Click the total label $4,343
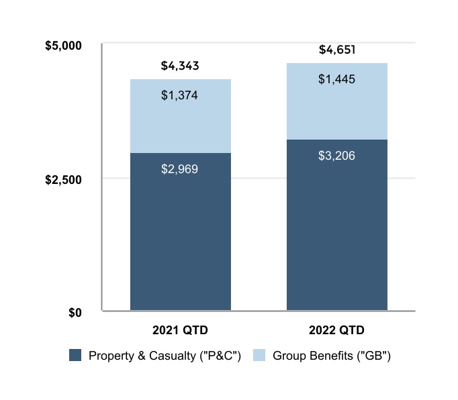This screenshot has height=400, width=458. click(180, 66)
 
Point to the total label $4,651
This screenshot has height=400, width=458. click(337, 50)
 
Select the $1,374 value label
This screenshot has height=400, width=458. click(180, 95)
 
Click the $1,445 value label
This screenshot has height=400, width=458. click(337, 79)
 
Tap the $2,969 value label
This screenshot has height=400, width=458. click(180, 169)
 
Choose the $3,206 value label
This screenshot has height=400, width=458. click(337, 156)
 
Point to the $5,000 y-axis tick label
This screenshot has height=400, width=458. click(62, 46)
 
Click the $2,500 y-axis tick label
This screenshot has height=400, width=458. click(62, 179)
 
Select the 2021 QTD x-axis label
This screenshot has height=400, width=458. click(180, 331)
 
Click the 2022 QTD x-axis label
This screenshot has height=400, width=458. click(337, 331)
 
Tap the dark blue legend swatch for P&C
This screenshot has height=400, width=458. click(75, 356)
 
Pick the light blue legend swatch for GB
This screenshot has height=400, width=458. click(259, 356)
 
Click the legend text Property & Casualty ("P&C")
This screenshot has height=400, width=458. click(165, 356)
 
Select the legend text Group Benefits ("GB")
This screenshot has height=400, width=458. click(331, 356)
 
